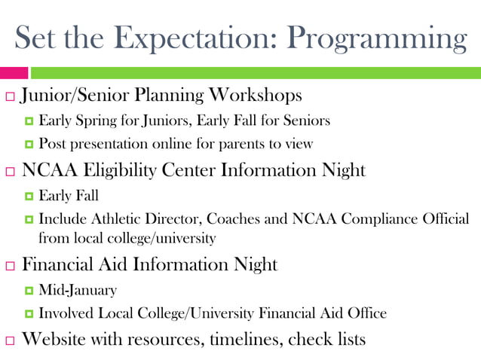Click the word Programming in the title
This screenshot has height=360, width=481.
coord(378,38)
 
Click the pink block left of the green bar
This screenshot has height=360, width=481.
coord(14,73)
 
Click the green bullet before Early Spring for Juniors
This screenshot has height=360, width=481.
coord(29,121)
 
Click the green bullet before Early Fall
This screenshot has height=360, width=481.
coord(29,197)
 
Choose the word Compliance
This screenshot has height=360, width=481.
coord(381,219)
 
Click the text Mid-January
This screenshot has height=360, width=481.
coord(78,290)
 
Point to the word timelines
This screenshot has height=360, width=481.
coord(247,339)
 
